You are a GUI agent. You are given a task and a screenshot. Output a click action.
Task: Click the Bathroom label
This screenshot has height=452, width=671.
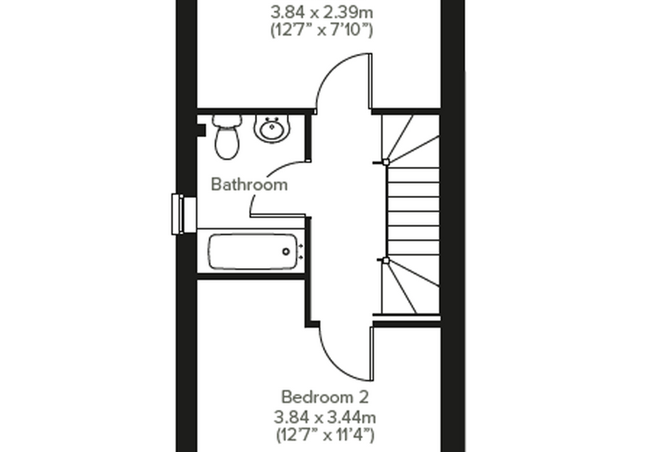pyautogui.click(x=249, y=185)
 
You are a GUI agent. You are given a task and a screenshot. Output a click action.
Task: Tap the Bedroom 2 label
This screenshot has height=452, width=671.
pyautogui.click(x=325, y=397)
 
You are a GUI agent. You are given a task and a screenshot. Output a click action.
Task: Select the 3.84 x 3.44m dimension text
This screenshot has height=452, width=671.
pyautogui.click(x=325, y=417)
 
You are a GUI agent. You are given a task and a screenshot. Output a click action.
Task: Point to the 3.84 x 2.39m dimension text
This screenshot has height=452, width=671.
pyautogui.click(x=321, y=12)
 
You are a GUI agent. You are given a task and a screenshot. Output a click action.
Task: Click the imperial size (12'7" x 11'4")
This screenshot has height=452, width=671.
pyautogui.click(x=325, y=435)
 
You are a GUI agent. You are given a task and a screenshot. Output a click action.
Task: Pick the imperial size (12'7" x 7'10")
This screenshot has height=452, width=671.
pyautogui.click(x=321, y=30)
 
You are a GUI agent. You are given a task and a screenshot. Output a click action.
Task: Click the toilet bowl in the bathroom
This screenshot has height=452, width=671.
pyautogui.click(x=227, y=143)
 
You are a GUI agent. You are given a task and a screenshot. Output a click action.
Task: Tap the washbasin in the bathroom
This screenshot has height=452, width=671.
pyautogui.click(x=272, y=128)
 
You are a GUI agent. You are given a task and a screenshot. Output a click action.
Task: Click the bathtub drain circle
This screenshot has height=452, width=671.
pyautogui.click(x=286, y=252)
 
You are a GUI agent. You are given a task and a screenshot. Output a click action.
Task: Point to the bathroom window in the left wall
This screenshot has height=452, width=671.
pyautogui.click(x=184, y=214)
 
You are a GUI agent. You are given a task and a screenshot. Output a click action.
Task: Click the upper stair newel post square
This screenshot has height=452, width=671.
pyautogui.click(x=386, y=162)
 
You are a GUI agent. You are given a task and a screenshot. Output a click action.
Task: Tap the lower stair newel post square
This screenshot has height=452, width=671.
pyautogui.click(x=386, y=260)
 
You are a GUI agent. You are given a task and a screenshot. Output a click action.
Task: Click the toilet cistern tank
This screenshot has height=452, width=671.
pyautogui.click(x=227, y=121)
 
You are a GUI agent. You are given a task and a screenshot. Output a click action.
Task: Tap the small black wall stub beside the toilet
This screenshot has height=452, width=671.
pyautogui.click(x=201, y=130)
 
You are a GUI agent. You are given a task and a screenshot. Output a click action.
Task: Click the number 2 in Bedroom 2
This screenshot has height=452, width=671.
pyautogui.click(x=363, y=397)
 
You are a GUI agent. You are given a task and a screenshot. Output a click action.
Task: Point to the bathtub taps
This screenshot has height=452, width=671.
pyautogui.click(x=301, y=252)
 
